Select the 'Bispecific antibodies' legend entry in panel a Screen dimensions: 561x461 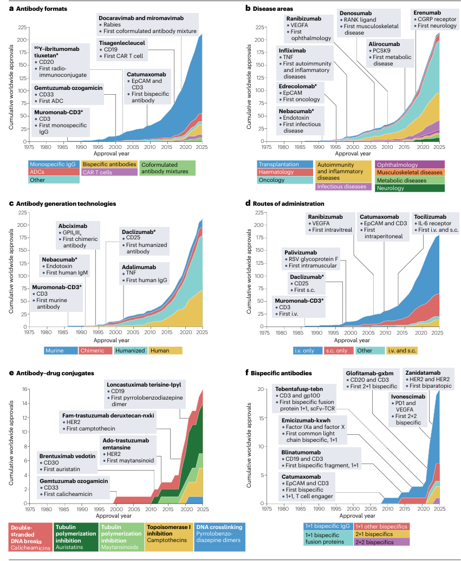point(109,164)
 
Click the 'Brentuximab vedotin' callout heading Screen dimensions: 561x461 point(67,456)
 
